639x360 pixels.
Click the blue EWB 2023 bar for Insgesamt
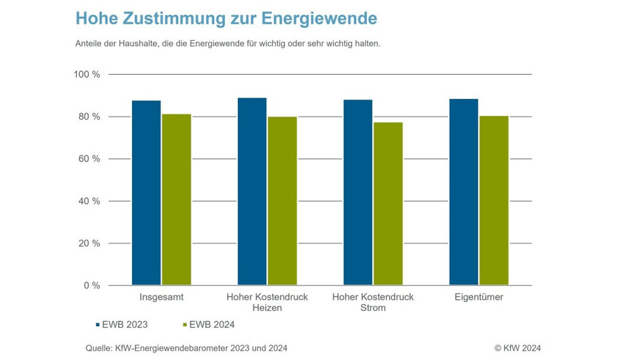(147, 193)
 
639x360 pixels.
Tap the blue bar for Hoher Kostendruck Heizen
(252, 191)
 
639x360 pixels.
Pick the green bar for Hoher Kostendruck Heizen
(282, 201)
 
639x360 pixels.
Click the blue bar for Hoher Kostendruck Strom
(358, 192)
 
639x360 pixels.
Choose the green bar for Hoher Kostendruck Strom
(388, 204)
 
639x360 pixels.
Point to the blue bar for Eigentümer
(464, 192)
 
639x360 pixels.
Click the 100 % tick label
(86, 75)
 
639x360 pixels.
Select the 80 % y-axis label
(89, 117)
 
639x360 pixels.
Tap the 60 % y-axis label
(89, 159)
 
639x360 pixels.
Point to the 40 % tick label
(89, 201)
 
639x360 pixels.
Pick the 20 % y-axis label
(89, 243)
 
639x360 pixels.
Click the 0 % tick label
(92, 285)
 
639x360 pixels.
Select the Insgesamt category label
(161, 298)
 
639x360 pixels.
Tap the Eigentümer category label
(479, 298)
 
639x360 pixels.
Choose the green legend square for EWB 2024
(183, 323)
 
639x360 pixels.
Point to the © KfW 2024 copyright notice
(517, 348)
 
